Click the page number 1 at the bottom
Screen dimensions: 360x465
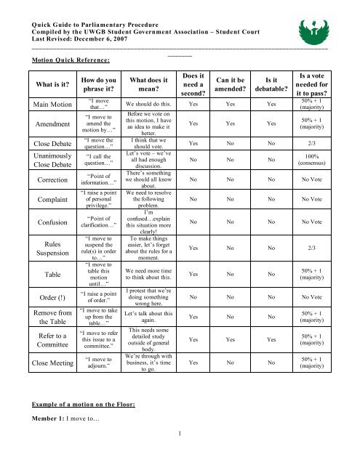(x=180, y=455)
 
